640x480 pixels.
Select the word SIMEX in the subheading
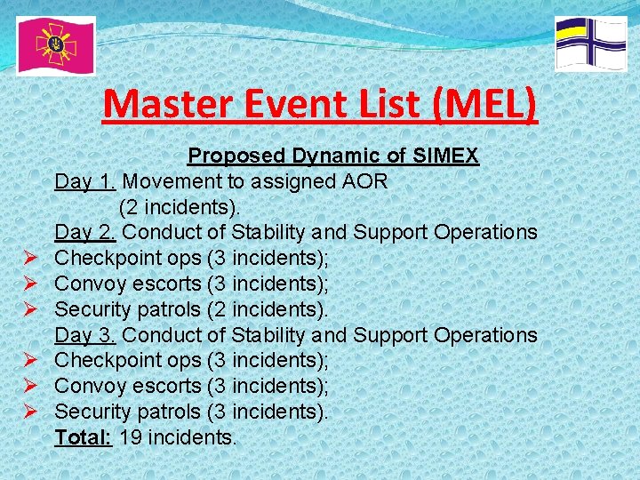pos(447,156)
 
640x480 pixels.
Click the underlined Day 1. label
pos(85,182)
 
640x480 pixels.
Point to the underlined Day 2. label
pos(85,233)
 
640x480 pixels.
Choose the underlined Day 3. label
pos(85,335)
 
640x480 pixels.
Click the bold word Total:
pos(83,437)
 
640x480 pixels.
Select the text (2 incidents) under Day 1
pos(180,208)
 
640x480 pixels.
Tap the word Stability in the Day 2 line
pos(269,233)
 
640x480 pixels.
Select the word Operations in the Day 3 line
pos(486,335)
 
